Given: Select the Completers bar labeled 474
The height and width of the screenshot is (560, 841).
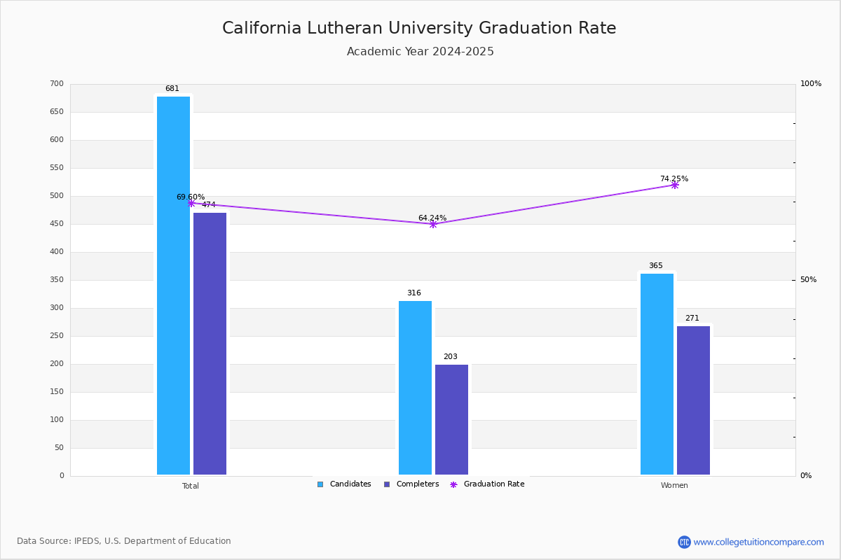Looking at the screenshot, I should pyautogui.click(x=210, y=344).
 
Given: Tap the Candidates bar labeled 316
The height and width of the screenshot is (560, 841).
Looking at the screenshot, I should pyautogui.click(x=415, y=388).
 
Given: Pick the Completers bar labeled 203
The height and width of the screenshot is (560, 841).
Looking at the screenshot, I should pyautogui.click(x=451, y=419).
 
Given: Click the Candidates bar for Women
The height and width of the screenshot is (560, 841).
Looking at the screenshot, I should pyautogui.click(x=657, y=374).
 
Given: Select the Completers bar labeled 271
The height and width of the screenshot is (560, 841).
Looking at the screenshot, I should pyautogui.click(x=693, y=400).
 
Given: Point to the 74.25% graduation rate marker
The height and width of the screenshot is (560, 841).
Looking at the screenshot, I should pyautogui.click(x=674, y=185).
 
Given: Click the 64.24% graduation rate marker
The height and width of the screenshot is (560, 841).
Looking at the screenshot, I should pyautogui.click(x=432, y=224).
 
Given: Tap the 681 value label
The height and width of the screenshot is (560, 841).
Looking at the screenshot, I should pyautogui.click(x=172, y=89).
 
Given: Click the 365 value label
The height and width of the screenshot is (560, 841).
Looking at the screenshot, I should pyautogui.click(x=655, y=266).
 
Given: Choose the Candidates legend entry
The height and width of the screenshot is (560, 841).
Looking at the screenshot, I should pyautogui.click(x=344, y=484).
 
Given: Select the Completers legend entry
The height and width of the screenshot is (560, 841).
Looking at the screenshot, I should pyautogui.click(x=411, y=484).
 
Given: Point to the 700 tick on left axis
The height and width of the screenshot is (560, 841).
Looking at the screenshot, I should pyautogui.click(x=57, y=84).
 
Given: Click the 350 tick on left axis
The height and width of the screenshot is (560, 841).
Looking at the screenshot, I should pyautogui.click(x=57, y=280).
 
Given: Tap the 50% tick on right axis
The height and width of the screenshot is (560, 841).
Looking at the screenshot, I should pyautogui.click(x=808, y=280).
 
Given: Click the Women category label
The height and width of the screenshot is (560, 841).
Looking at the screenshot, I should pyautogui.click(x=674, y=486).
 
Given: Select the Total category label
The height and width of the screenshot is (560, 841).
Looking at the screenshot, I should pyautogui.click(x=191, y=486).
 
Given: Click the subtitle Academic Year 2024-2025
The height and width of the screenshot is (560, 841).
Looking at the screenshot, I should pyautogui.click(x=420, y=52).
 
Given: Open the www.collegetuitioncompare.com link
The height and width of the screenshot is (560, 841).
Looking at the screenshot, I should pyautogui.click(x=758, y=542).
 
